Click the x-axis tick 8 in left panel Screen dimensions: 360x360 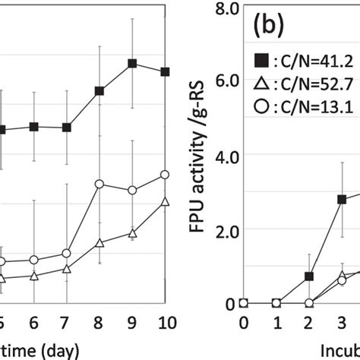(99, 321)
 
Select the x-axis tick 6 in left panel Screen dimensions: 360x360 (34, 321)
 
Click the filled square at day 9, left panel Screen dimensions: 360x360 (132, 64)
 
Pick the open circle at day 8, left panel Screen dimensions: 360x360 (99, 184)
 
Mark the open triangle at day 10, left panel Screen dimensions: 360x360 (165, 201)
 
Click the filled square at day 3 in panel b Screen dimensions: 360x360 (342, 200)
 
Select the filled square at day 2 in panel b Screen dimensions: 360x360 (309, 276)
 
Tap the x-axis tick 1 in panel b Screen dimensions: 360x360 (276, 321)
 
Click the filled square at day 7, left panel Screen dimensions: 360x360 (67, 128)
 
